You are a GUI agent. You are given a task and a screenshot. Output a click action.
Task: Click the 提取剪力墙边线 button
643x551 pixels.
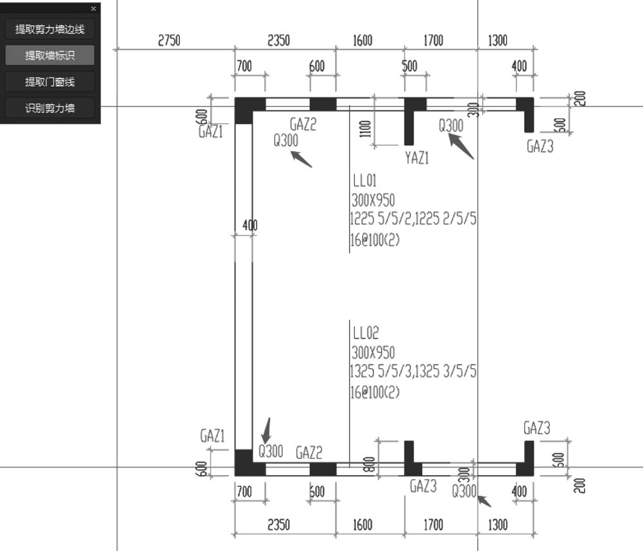(50, 29)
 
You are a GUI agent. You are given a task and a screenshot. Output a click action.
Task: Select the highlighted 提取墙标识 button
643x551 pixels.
(50, 55)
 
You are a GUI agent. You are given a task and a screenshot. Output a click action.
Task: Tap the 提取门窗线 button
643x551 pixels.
(50, 82)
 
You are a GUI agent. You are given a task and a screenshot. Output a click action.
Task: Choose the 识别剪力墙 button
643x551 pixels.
(50, 108)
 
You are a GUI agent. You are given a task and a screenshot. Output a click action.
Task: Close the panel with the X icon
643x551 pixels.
(93, 8)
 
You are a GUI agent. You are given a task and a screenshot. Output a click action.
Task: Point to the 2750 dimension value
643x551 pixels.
(169, 41)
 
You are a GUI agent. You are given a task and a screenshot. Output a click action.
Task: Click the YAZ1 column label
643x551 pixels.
(417, 158)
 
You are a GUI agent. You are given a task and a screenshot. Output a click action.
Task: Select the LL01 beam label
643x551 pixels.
(365, 181)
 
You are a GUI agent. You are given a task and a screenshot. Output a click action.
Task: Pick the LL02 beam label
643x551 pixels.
(366, 333)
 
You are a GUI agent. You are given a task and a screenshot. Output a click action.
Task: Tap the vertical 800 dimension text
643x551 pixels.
(369, 464)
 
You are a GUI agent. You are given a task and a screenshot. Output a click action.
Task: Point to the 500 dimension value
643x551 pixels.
(409, 66)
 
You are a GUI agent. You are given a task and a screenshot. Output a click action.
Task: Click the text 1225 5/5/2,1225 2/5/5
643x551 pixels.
(413, 219)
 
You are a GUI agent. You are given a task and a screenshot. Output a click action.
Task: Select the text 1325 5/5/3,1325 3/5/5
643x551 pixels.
(413, 371)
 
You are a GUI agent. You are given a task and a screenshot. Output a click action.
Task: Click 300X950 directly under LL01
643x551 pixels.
(373, 200)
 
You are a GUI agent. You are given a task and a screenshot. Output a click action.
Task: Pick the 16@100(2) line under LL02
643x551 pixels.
(375, 392)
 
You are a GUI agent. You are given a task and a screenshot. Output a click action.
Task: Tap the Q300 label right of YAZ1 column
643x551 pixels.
(451, 125)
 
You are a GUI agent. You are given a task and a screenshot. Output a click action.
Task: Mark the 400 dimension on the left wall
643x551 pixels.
(249, 225)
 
